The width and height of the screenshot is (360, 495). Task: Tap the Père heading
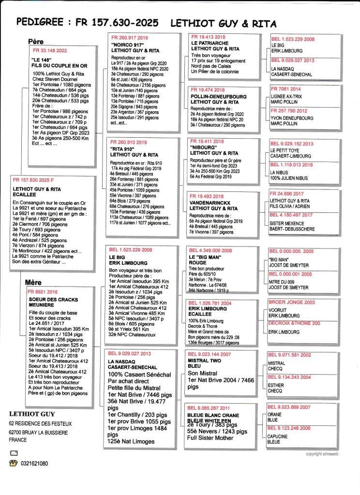pos(36,42)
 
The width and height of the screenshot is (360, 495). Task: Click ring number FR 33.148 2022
pos(50,50)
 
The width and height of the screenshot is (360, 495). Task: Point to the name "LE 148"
pos(41,59)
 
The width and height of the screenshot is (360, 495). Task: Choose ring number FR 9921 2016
pos(43,292)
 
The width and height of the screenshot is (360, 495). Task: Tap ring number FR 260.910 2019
pos(128,143)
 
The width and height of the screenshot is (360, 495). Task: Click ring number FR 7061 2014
pos(286,89)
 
